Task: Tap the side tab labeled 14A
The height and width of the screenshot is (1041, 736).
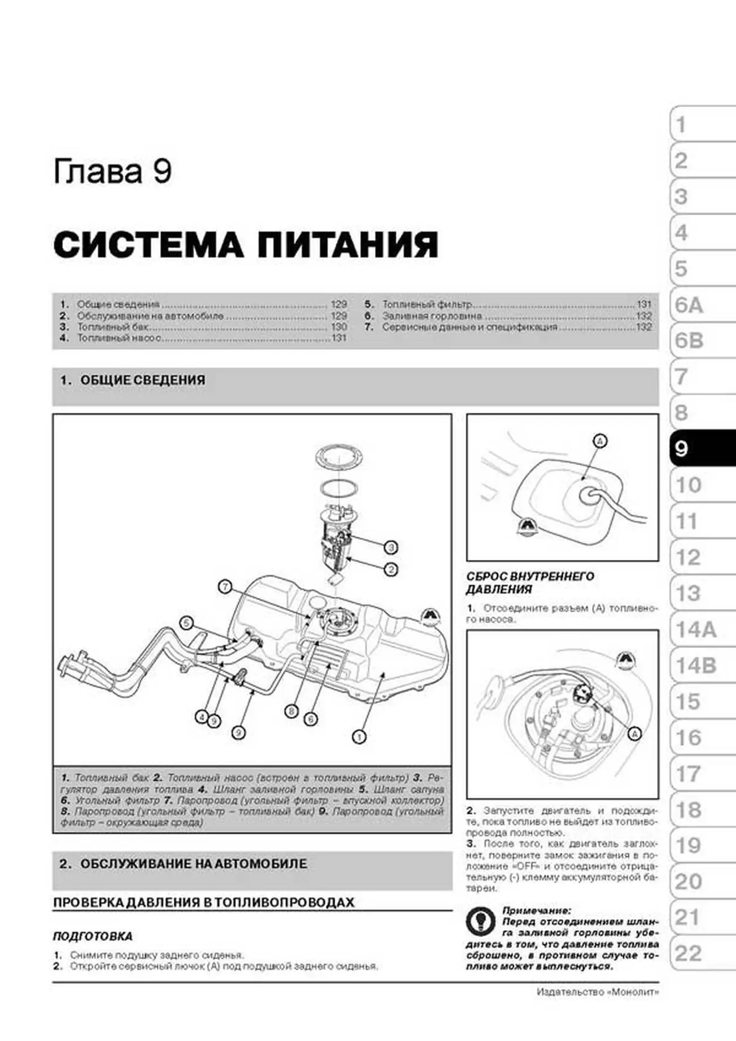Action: coord(696,629)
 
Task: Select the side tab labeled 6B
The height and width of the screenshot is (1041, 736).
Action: coord(690,341)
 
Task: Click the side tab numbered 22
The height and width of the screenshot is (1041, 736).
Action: coord(688,954)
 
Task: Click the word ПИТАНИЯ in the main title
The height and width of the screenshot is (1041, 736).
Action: coord(348,245)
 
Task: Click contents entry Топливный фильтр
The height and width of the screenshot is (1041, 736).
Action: coord(427,304)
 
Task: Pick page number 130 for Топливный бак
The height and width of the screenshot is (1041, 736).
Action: coord(339,327)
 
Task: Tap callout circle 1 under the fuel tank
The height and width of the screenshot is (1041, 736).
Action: coord(359,736)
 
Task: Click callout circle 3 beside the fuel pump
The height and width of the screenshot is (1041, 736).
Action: coord(391,547)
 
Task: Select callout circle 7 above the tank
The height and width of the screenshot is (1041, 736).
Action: coord(225,586)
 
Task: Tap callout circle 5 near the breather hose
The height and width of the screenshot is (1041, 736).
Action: coord(186,623)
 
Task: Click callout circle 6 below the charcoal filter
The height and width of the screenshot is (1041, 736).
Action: coord(310,719)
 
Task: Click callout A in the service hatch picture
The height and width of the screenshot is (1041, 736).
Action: coord(600,441)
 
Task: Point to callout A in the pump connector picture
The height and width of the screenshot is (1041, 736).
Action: coord(635,734)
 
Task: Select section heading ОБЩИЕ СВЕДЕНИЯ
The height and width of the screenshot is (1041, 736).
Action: coord(143,380)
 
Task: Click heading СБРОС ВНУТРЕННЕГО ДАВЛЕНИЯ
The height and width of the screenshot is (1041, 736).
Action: coord(529,582)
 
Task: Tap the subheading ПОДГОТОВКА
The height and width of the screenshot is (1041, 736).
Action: coord(92,937)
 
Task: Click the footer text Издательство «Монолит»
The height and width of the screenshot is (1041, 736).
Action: coord(597,992)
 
